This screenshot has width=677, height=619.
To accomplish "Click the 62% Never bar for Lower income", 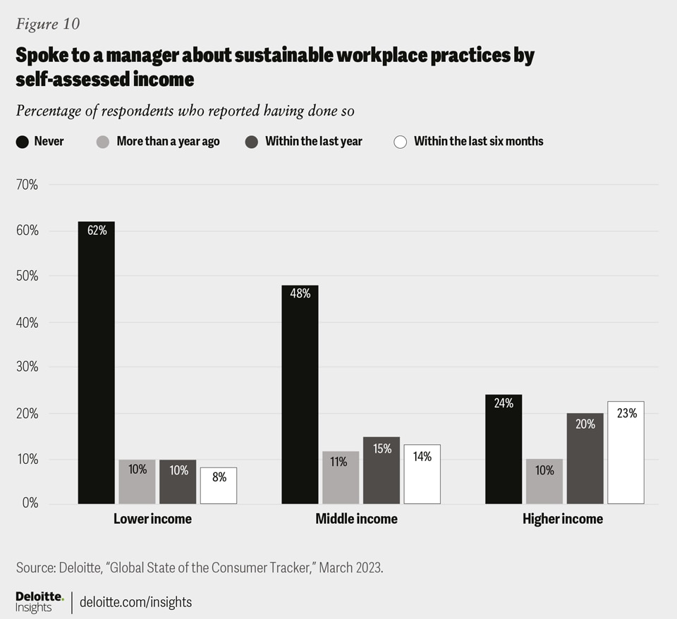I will pos(96,362).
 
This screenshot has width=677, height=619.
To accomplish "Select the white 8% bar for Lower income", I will pos(219,486).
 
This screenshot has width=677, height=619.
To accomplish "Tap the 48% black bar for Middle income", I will pos(300,394).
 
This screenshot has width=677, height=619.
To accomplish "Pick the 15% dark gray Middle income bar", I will pos(382,470).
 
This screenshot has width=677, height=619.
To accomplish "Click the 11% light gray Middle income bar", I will pos(341,477).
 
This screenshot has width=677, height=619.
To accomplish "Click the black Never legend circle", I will pos(23,142).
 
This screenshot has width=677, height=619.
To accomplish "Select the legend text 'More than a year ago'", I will pos(168,141).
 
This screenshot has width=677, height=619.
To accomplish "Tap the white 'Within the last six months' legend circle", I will pos(401,142).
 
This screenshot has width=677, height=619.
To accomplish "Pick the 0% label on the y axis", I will pos(29,503).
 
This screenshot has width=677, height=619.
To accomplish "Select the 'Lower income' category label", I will pos(152,519).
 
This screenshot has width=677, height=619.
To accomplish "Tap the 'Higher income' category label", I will pos(563,519).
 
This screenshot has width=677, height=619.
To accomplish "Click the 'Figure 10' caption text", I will pos(48,24).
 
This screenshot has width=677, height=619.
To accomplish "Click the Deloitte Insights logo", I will pos(39,602).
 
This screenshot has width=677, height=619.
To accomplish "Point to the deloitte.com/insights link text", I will pos(135,602).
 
